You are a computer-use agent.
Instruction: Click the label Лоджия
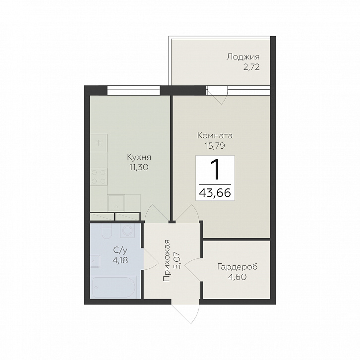point(243,58)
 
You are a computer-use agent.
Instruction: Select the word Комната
point(215,135)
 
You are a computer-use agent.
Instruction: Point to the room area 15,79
point(215,146)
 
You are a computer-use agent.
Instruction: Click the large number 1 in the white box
point(215,170)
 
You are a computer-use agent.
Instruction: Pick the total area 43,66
point(215,193)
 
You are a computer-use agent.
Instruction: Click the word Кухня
point(139,158)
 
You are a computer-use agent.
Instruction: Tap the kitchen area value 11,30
point(139,168)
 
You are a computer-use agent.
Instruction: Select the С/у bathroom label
point(120,250)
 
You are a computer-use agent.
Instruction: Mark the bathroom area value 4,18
point(120,260)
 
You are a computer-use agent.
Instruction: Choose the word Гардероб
point(238,267)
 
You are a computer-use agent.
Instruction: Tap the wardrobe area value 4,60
point(238,277)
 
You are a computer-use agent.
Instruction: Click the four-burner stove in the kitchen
point(99,177)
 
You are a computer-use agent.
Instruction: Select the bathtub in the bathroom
point(114,287)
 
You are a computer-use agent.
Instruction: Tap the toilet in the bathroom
point(106,231)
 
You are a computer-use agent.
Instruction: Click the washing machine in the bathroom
point(127,230)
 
